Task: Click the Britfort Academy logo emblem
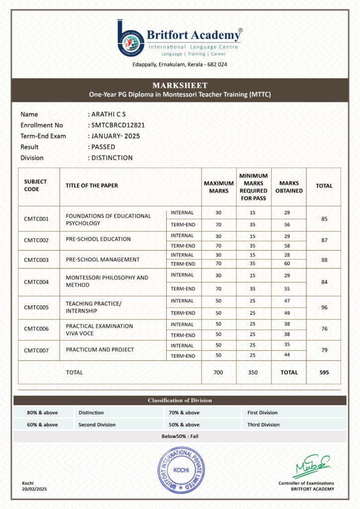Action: click(x=131, y=38)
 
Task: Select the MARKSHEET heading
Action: click(x=180, y=85)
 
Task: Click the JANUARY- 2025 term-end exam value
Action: click(x=115, y=136)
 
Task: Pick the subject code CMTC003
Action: click(x=36, y=260)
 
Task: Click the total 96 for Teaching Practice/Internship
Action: click(x=324, y=308)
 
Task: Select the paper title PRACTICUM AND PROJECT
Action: click(x=99, y=349)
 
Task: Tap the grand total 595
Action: click(x=324, y=372)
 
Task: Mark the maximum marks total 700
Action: click(x=219, y=372)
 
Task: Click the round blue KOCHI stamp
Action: click(x=180, y=470)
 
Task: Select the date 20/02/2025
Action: click(x=34, y=489)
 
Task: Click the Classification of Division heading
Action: click(x=180, y=400)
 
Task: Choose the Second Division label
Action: click(x=97, y=424)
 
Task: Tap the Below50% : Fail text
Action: click(x=180, y=436)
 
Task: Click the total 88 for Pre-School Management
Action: click(x=324, y=259)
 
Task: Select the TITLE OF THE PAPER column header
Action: click(x=92, y=185)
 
